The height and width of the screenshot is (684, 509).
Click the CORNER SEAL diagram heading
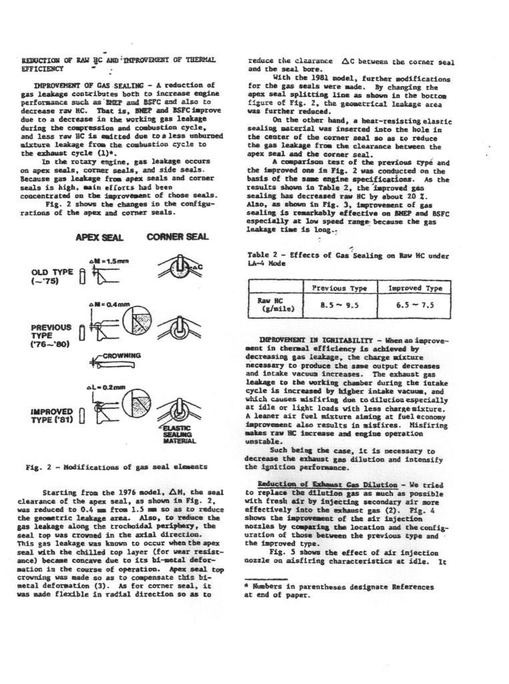pyautogui.click(x=177, y=237)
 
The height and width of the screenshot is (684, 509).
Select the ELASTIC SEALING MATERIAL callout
pyautogui.click(x=177, y=434)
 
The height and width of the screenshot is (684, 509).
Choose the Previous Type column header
pyautogui.click(x=340, y=289)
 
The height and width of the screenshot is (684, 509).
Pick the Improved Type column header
pyautogui.click(x=415, y=289)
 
